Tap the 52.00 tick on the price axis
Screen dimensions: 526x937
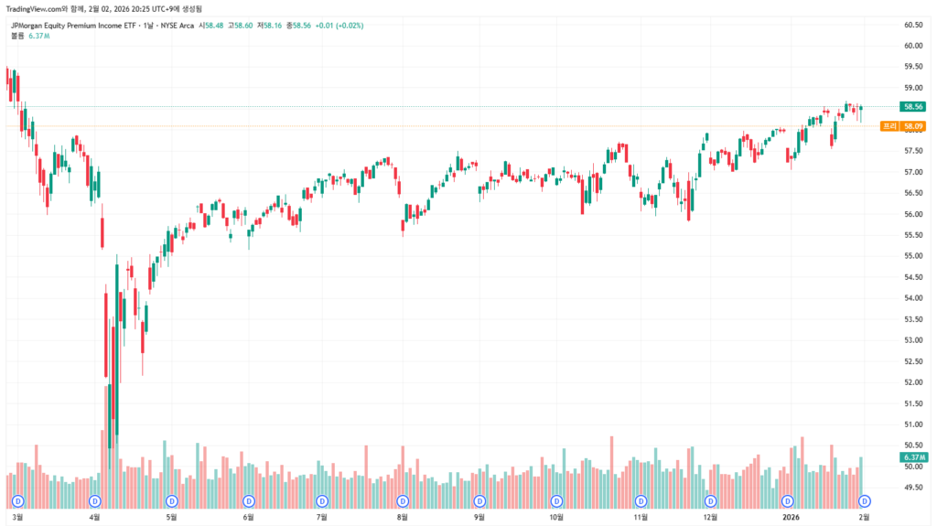point(912,382)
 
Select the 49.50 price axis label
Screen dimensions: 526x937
point(912,488)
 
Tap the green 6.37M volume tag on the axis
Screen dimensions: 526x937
point(911,456)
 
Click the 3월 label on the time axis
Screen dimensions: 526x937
point(18,517)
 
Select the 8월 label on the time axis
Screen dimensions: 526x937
point(403,517)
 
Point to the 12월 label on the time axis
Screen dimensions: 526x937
point(710,517)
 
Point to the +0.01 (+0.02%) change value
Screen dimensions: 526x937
point(339,26)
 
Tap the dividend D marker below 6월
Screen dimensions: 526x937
point(249,501)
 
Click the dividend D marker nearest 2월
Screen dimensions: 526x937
point(865,501)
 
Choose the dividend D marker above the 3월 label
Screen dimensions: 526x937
point(18,501)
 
